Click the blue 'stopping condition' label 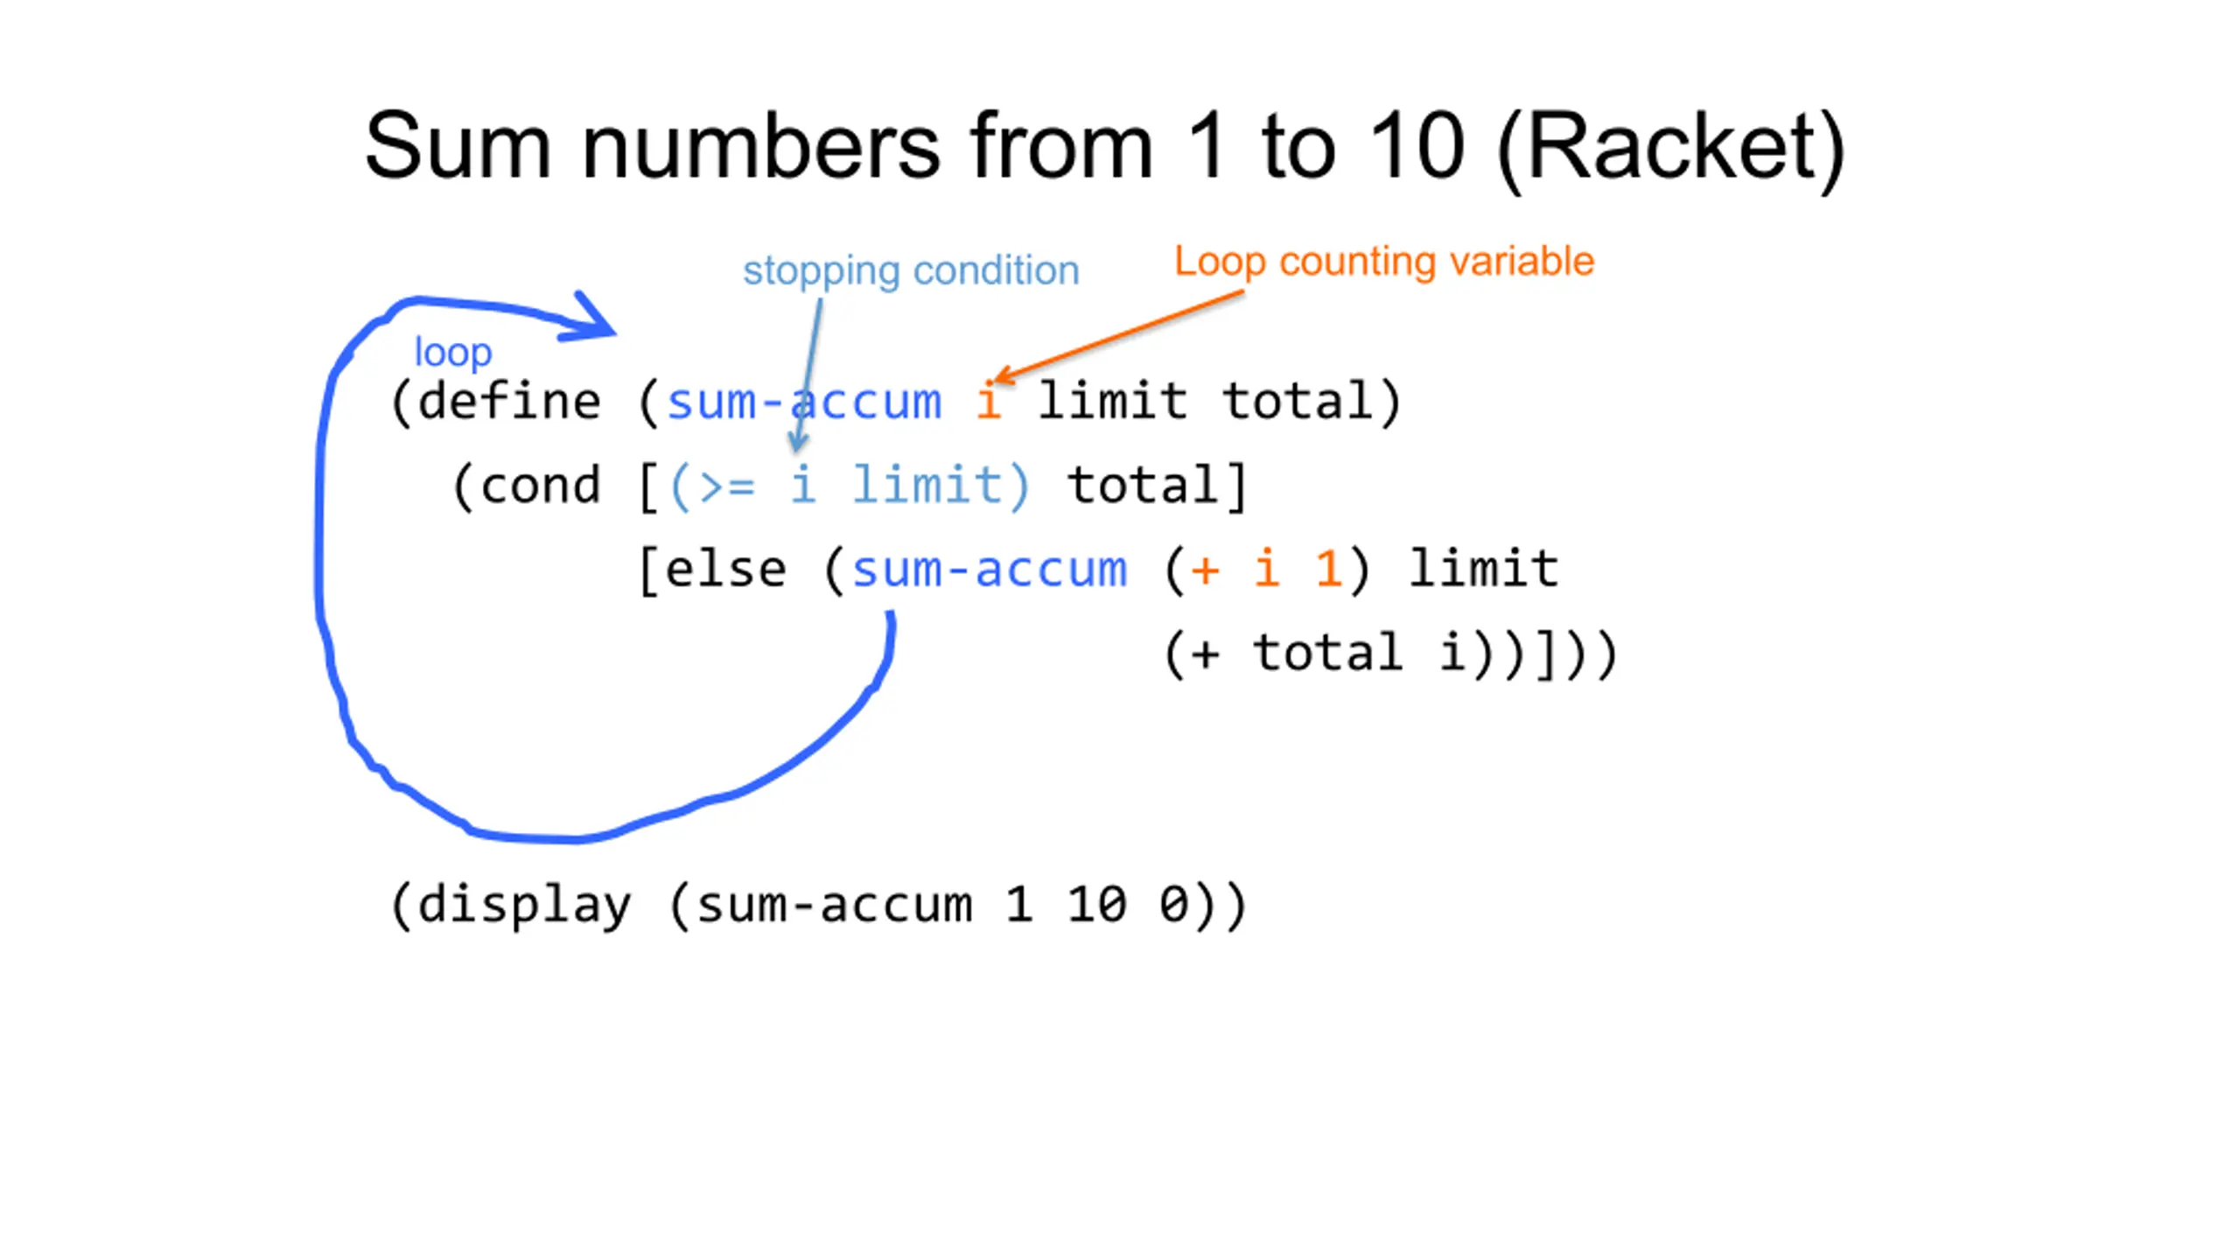[x=911, y=271]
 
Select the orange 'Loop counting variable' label [x=1384, y=262]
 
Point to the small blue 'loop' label [x=453, y=352]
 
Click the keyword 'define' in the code [x=509, y=401]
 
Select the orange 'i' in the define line [x=989, y=401]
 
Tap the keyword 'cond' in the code [x=540, y=485]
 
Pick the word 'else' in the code [x=725, y=569]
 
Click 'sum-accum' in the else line [x=990, y=569]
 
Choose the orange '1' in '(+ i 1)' [x=1328, y=569]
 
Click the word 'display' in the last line [x=524, y=905]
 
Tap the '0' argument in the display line [x=1173, y=905]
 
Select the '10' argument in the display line [x=1095, y=905]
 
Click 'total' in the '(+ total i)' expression [x=1328, y=653]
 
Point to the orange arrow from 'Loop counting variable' [x=1120, y=337]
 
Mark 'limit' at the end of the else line [x=1484, y=569]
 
